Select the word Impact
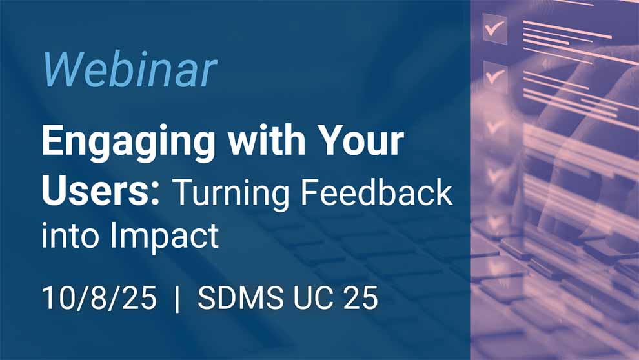point(165,237)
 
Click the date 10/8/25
point(99,298)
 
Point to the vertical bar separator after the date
point(177,299)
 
